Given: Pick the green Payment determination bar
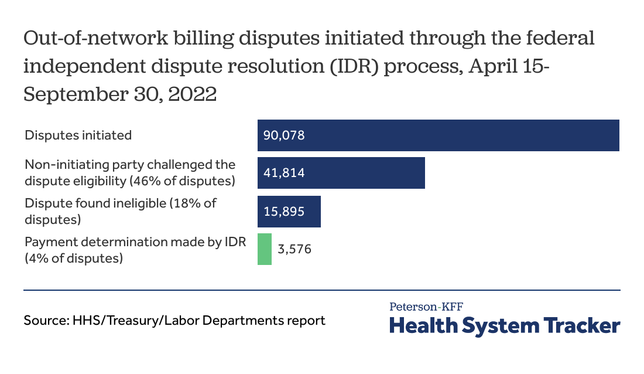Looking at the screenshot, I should point(265,249).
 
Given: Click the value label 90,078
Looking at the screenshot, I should point(285,135).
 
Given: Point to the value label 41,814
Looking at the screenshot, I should point(284,173).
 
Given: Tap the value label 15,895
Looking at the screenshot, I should point(284,211).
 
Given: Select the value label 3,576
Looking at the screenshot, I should point(294,249).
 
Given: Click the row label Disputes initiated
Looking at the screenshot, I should point(78,135).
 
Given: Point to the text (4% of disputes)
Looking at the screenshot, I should point(74,257).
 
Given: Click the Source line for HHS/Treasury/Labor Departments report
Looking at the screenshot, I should point(174,321).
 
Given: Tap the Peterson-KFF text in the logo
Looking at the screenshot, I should point(426,306).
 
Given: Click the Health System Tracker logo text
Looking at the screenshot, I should point(504,325).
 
